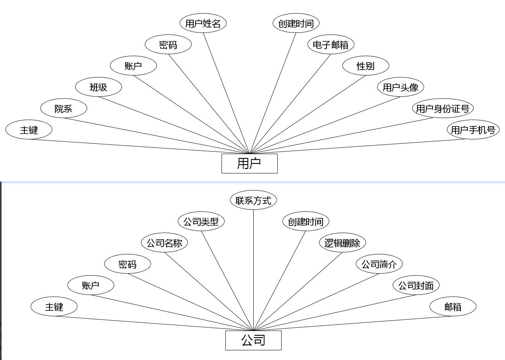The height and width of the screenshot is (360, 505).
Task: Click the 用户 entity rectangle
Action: pos(249,163)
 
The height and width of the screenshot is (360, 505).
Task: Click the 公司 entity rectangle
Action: pos(253,340)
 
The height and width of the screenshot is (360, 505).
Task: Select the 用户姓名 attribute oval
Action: pos(203,23)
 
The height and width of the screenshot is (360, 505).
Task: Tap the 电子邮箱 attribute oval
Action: pos(331,45)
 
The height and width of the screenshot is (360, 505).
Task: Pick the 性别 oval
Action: pos(366,66)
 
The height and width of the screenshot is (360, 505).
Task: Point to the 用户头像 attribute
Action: pos(400,87)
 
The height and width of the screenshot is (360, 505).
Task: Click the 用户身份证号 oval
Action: pos(443,108)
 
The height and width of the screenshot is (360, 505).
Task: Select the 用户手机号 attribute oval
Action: pos(473,130)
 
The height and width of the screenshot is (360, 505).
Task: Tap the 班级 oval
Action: pos(98,87)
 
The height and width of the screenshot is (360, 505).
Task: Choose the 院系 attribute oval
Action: pos(64,108)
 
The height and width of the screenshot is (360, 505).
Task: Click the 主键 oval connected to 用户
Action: pos(29,130)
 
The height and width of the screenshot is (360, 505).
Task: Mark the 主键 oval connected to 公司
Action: pos(54,307)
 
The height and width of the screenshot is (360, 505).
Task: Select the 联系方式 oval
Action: pos(253,200)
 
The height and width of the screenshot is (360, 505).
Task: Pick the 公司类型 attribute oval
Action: pos(201,221)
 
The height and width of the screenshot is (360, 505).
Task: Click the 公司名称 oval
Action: pos(164,243)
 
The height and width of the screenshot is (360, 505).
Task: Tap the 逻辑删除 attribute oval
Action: pos(342,243)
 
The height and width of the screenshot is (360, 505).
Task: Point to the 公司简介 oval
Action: pos(379,264)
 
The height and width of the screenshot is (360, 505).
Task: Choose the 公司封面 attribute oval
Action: pos(416,285)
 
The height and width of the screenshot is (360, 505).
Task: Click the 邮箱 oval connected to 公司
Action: pos(453,307)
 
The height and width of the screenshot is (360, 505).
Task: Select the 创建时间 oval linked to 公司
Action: pos(306,221)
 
